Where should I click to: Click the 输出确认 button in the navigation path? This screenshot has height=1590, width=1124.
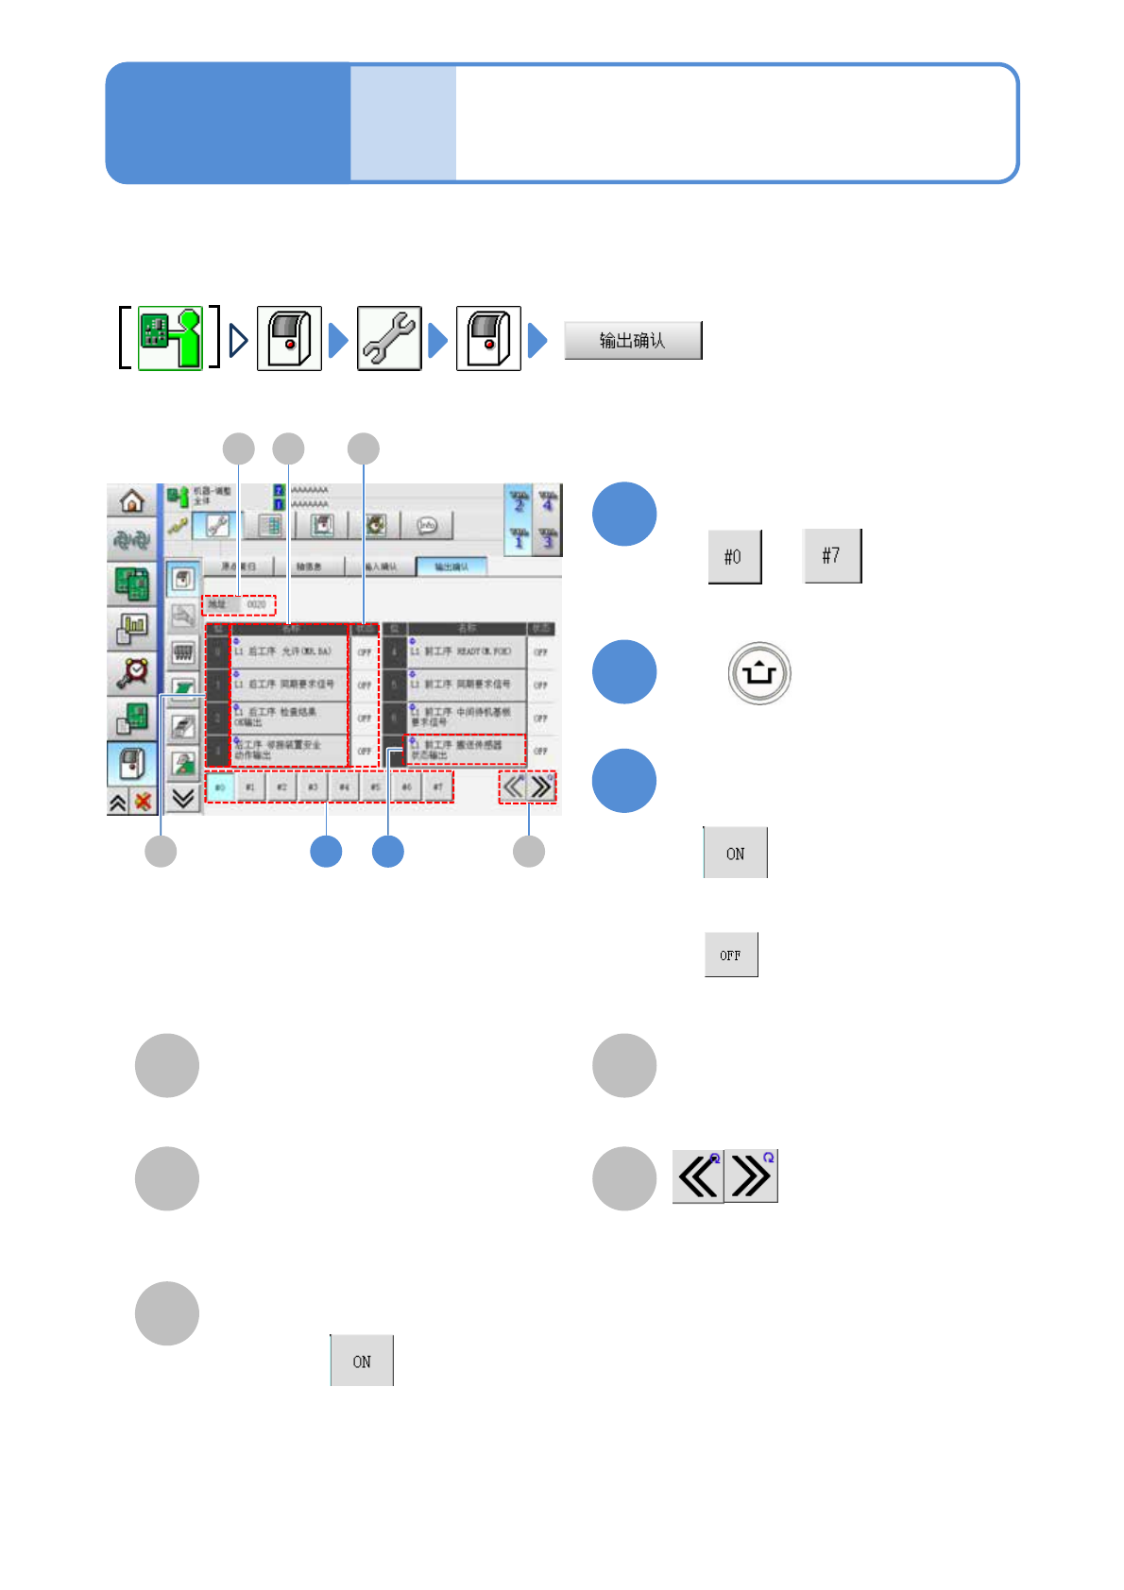coord(633,341)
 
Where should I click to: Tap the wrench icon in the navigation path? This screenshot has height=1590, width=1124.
coord(388,338)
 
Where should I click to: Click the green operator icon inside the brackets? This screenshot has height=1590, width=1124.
coord(170,338)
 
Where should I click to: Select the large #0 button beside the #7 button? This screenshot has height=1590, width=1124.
coord(734,557)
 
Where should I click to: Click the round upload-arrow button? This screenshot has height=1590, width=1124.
coord(759,673)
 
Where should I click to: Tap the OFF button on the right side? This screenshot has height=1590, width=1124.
coord(730,955)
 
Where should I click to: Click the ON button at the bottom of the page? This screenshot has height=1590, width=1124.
coord(362,1361)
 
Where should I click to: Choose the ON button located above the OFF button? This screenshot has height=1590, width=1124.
coord(735,854)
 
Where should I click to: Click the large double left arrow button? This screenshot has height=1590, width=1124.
coord(698,1176)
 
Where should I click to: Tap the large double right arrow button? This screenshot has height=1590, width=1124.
coord(752,1176)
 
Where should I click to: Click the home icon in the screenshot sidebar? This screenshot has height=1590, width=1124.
coord(132,500)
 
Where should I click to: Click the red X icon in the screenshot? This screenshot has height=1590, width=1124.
coord(144,803)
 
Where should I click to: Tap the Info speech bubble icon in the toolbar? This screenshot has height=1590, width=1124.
coord(427,526)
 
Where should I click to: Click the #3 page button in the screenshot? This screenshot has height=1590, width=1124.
coord(313,787)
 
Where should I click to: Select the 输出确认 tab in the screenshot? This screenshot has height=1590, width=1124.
coord(451,567)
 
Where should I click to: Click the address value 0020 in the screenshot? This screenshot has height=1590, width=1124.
coord(256,604)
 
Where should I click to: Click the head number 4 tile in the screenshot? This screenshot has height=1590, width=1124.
coord(547,501)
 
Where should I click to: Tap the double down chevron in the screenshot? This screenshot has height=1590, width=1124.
coord(183,799)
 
